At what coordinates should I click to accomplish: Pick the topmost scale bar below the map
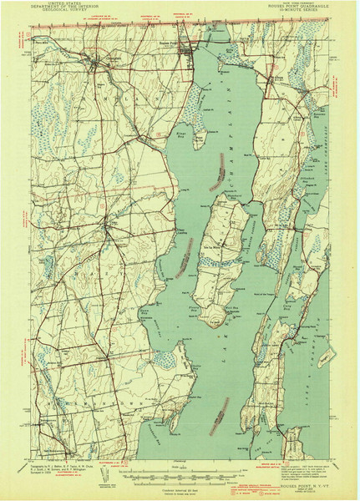(x=180, y=471)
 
